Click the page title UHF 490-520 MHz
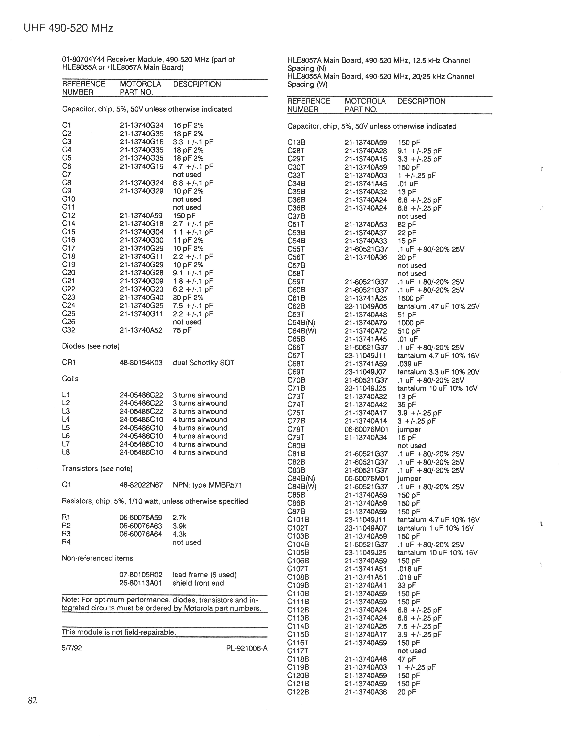(69, 28)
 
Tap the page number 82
(33, 700)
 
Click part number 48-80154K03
(141, 362)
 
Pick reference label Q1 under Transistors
(67, 485)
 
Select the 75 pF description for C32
(182, 330)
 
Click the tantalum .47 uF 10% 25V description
(438, 306)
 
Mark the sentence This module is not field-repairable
(119, 632)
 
